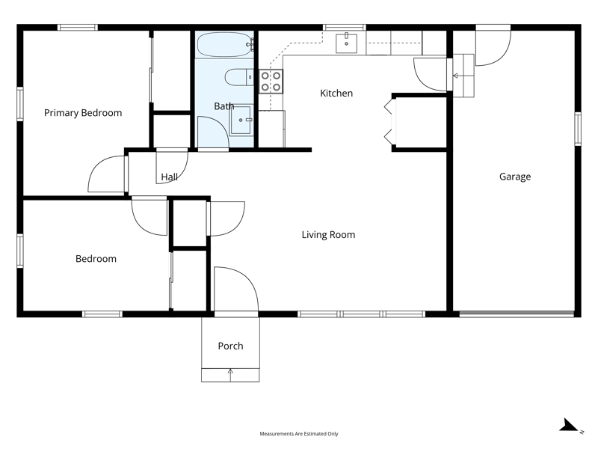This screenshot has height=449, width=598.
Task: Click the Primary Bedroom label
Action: (83, 113)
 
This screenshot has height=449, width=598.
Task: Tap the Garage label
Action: (515, 177)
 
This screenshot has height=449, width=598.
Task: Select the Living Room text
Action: (328, 234)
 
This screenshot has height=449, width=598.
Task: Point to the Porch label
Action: (230, 346)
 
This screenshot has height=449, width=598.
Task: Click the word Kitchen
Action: (336, 93)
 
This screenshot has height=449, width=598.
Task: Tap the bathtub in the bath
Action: (225, 45)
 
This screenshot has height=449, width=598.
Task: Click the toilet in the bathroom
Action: (238, 78)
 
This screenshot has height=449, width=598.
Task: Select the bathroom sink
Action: (241, 120)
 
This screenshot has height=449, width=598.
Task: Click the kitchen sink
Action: (346, 43)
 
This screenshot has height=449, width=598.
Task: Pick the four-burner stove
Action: (271, 82)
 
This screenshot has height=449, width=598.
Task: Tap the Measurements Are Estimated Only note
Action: (299, 434)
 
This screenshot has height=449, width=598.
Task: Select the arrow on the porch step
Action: (230, 375)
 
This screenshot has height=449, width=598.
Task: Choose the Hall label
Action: (170, 177)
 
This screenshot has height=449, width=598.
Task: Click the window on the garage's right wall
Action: (578, 129)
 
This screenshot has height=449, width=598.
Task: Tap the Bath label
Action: (224, 106)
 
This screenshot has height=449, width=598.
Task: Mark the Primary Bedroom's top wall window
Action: (78, 28)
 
